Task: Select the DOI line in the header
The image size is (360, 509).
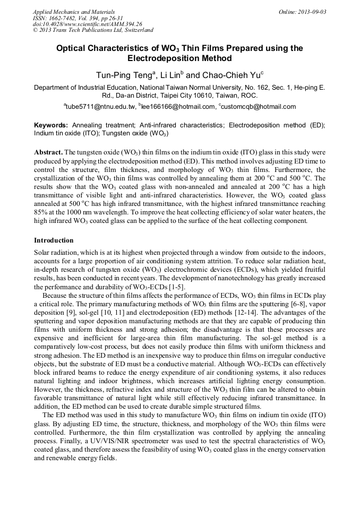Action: coord(88,24)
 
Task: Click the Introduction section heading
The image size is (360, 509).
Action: coord(54,240)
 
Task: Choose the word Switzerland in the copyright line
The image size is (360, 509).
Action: coord(134,30)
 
